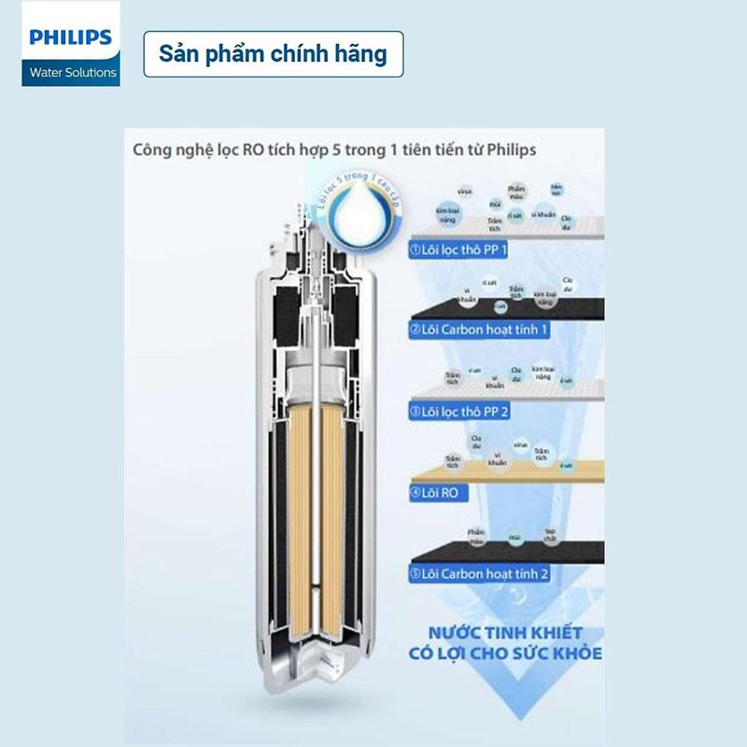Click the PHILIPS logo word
[x=70, y=39]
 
